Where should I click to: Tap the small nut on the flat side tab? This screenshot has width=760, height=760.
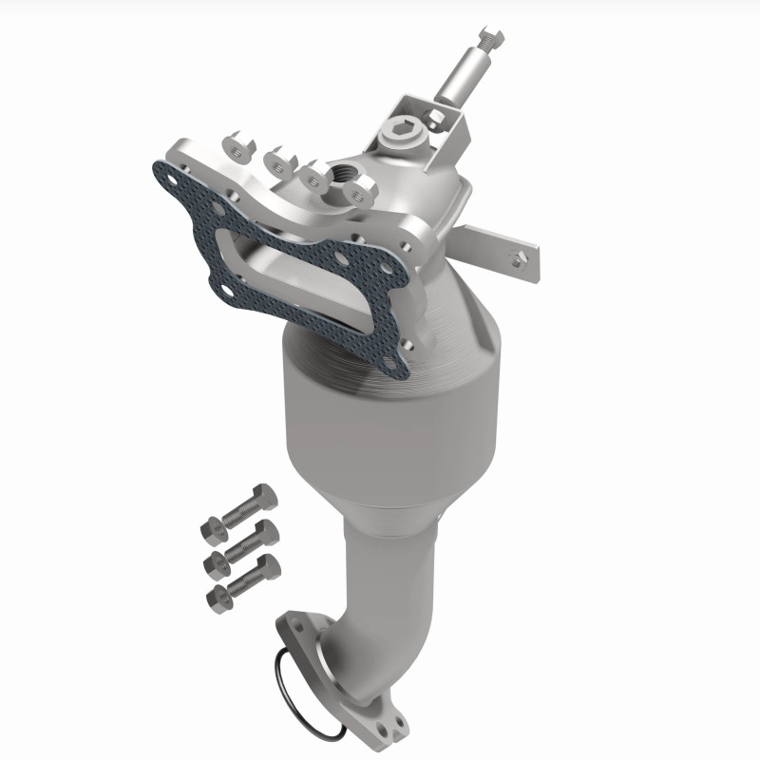click(x=518, y=254)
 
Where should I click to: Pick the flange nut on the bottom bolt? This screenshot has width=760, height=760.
click(x=217, y=596)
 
